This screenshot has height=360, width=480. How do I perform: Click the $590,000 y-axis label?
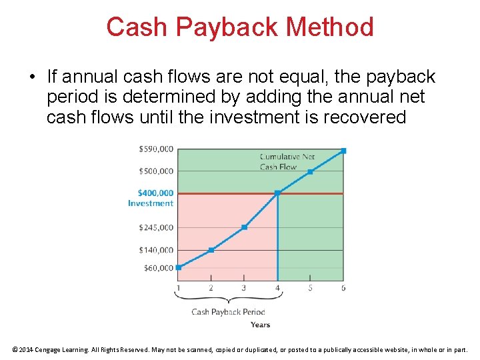156,149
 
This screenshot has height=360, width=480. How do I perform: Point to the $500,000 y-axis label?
156,171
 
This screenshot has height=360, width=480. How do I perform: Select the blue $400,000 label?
156,193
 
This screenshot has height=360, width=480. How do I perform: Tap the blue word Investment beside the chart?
151,203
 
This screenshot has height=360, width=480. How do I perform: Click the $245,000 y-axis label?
156,227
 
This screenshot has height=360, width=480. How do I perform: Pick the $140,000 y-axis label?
156,250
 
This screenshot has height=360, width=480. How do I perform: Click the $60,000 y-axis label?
158,268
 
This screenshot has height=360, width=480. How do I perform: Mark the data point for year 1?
178,267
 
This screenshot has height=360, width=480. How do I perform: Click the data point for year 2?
211,250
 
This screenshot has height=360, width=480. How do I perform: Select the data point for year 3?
244,227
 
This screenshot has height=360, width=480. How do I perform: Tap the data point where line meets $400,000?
277,193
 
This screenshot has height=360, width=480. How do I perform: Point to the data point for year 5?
310,171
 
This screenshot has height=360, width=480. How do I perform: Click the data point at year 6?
343,151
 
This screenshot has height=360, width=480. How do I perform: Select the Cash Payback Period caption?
228,312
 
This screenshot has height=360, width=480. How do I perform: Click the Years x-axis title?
260,325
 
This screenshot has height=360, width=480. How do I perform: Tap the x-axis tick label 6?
343,288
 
